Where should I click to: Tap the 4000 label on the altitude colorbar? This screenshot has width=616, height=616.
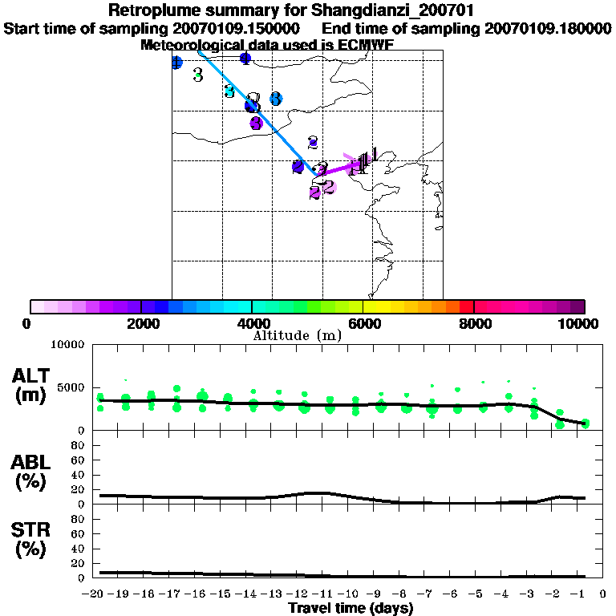coord(252,323)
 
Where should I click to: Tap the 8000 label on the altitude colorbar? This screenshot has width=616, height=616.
coord(474,323)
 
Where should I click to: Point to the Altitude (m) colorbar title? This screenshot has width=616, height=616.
coord(297,335)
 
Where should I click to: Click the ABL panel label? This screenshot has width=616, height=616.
coord(33,463)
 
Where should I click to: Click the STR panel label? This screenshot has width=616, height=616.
coord(33,530)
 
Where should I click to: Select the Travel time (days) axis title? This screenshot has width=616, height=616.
coord(351,608)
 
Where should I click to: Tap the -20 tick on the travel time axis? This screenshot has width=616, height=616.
coord(95,594)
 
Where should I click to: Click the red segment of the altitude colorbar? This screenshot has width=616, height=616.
coord(466,306)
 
